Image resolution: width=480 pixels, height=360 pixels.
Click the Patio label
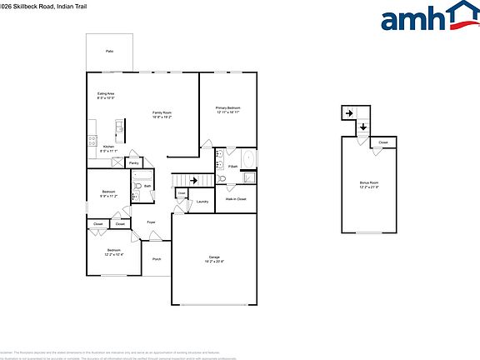pyautogui.click(x=109, y=52)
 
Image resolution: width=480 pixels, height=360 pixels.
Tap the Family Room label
pyautogui.click(x=162, y=113)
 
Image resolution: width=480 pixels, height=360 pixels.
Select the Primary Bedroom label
pyautogui.click(x=228, y=109)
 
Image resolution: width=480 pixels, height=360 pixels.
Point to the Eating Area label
pyautogui.click(x=106, y=96)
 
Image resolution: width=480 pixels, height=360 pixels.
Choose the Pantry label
pyautogui.click(x=133, y=163)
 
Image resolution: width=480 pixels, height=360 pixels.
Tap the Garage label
pyautogui.click(x=214, y=257)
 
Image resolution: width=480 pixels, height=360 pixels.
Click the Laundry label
pyautogui.click(x=202, y=201)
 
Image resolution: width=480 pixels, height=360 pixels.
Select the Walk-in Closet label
pyautogui.click(x=236, y=199)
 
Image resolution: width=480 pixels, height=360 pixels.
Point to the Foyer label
pyautogui.click(x=152, y=222)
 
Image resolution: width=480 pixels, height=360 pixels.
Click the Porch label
pyautogui.click(x=157, y=259)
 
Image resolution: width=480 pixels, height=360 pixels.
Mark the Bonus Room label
pyautogui.click(x=369, y=182)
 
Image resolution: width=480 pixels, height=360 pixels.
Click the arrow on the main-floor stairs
pyautogui.click(x=194, y=179)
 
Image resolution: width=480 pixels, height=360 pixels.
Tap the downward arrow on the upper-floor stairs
pyautogui.click(x=363, y=127)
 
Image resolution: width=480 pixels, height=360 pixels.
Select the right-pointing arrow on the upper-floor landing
pyautogui.click(x=350, y=113)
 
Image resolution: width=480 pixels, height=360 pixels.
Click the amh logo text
pyautogui.click(x=412, y=18)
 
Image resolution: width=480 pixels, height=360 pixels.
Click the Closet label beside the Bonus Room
pyautogui.click(x=383, y=142)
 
